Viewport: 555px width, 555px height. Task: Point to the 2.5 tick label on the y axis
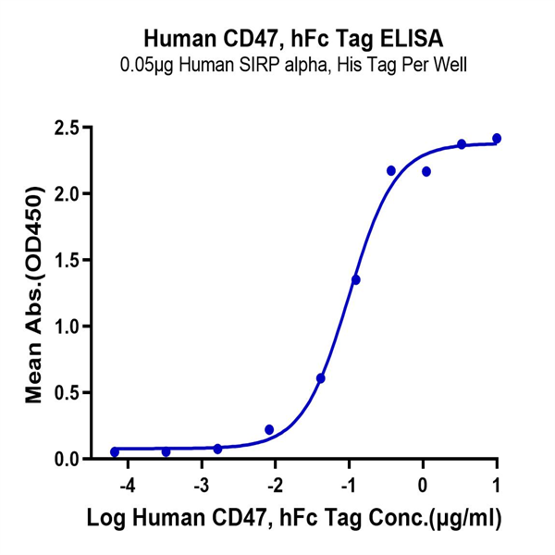click(65, 127)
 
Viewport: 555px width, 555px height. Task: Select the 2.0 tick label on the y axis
click(65, 193)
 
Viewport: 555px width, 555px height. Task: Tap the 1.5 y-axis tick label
click(65, 260)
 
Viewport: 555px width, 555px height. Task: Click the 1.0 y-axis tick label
click(65, 327)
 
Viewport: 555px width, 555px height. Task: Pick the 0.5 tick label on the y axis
click(65, 392)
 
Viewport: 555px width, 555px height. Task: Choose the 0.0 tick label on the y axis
click(65, 459)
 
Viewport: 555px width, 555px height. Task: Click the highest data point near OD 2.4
click(497, 138)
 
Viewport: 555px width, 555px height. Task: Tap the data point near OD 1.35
click(356, 279)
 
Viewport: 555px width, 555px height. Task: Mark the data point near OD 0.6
click(321, 378)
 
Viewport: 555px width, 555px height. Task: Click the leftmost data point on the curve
click(115, 452)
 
